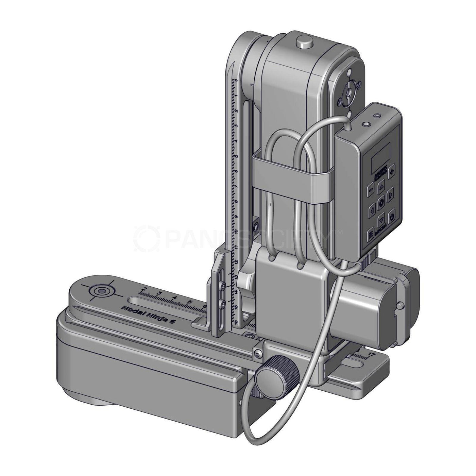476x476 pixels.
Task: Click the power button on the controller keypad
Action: (x=392, y=217)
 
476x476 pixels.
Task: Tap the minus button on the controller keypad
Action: (x=370, y=191)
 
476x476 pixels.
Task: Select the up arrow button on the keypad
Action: (x=381, y=187)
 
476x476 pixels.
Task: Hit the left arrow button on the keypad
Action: (x=372, y=210)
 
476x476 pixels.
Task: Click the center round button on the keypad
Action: (x=381, y=202)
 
